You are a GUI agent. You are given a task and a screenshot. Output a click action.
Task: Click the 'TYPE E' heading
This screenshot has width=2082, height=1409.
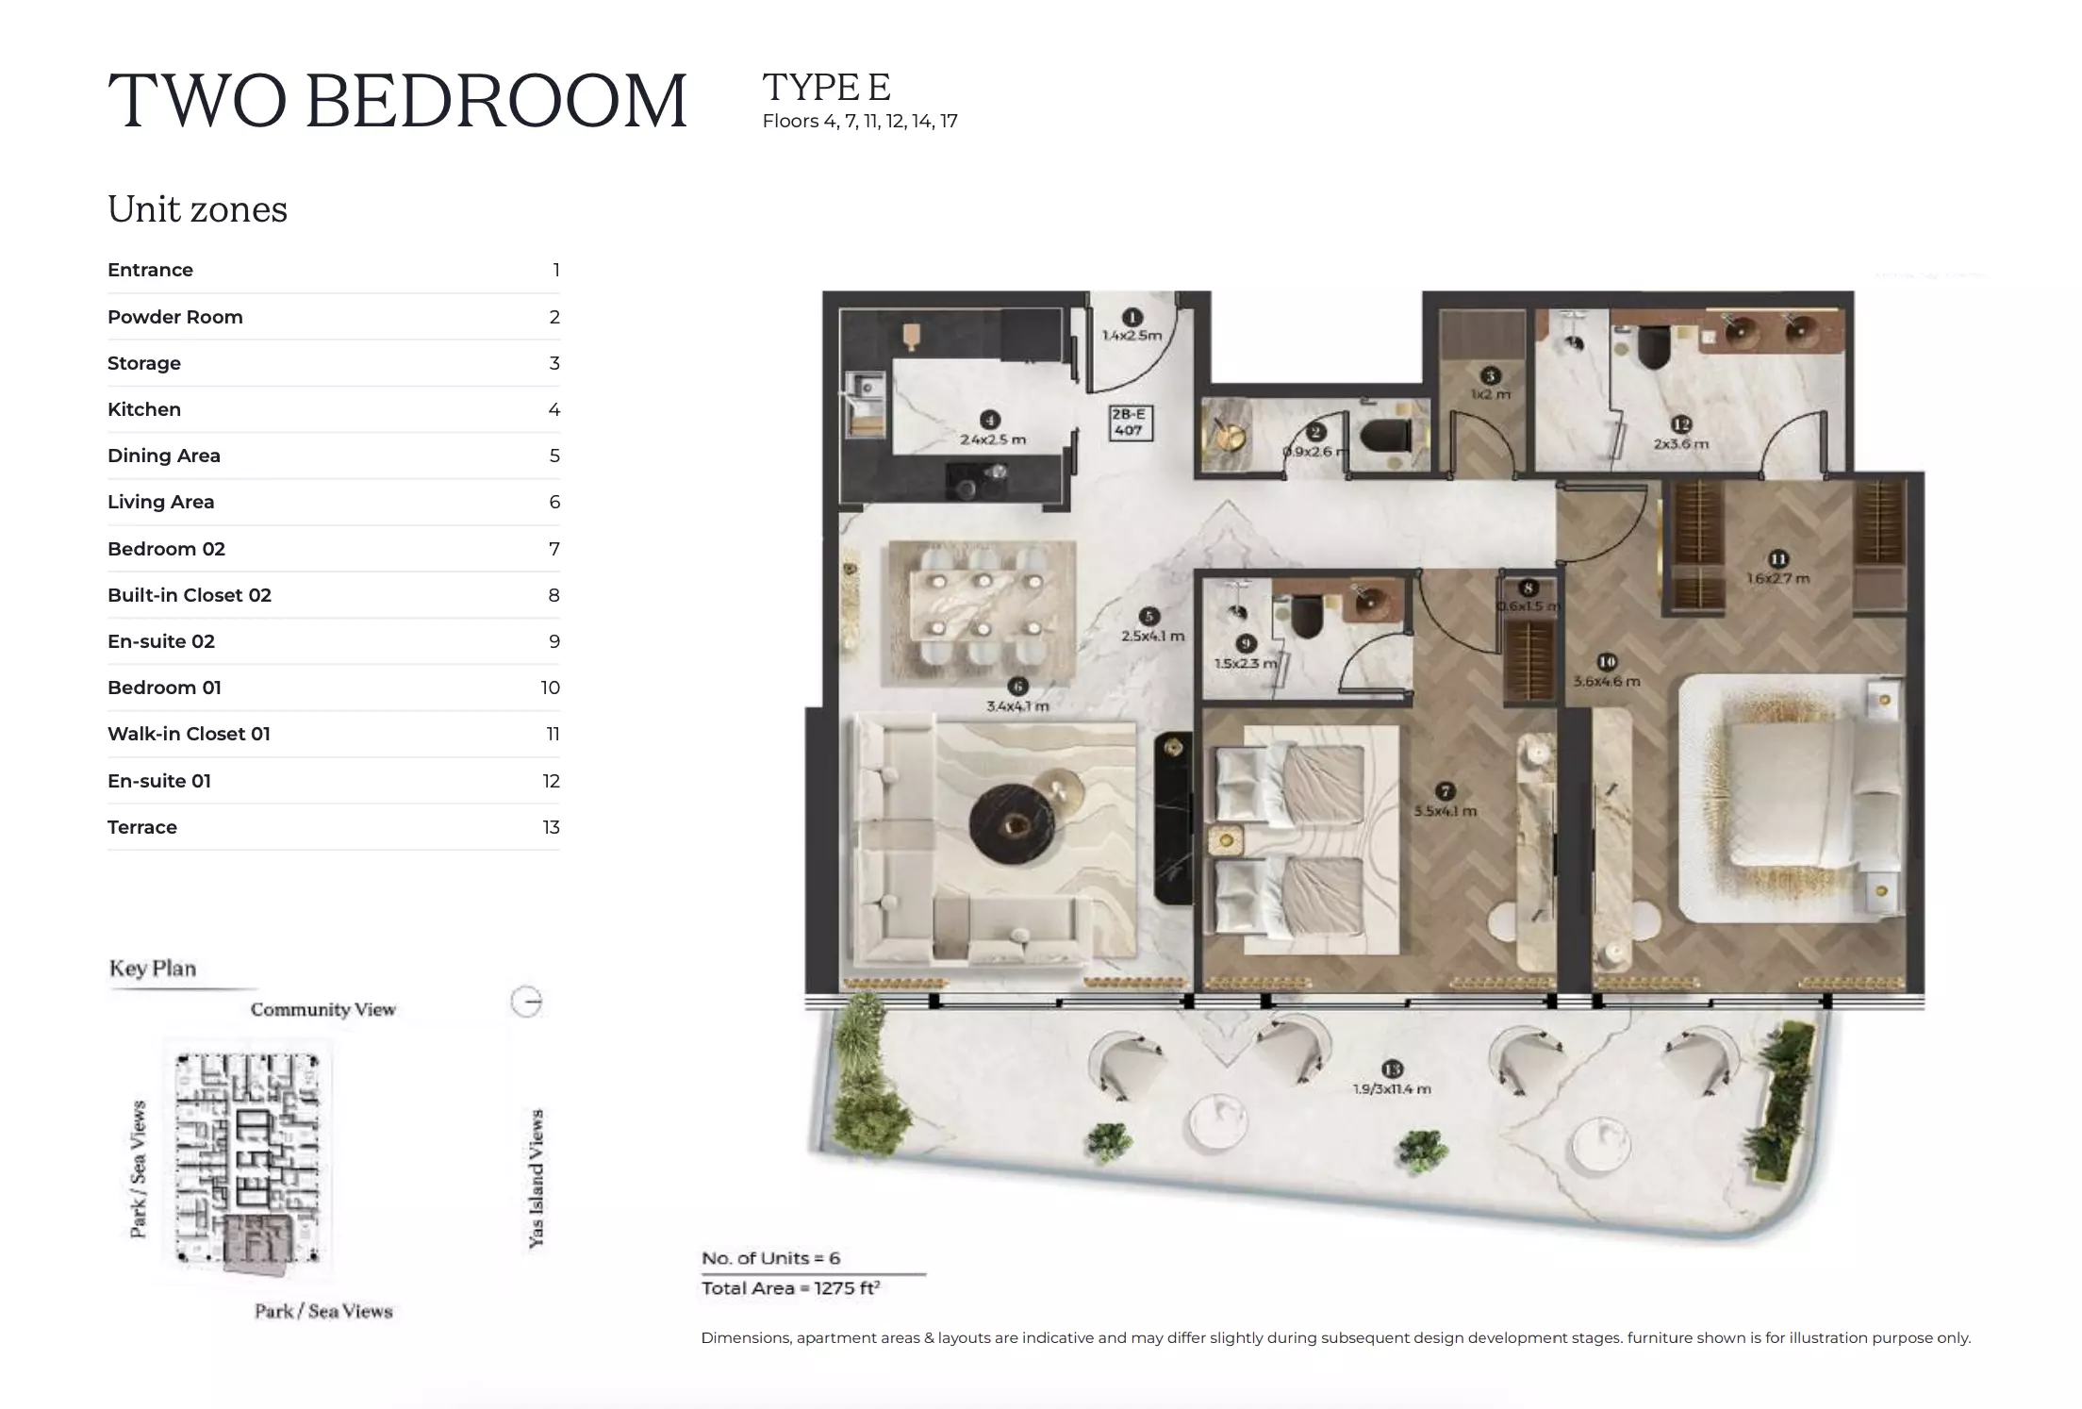click(826, 88)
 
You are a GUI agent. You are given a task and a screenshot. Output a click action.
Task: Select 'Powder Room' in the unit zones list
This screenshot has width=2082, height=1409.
click(174, 317)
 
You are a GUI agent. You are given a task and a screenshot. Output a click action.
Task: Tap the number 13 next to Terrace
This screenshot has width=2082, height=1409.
click(551, 827)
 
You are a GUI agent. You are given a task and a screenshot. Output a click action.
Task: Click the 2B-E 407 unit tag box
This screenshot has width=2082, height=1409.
click(1129, 423)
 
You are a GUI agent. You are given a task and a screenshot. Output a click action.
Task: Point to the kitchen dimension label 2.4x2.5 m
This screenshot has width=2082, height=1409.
click(992, 439)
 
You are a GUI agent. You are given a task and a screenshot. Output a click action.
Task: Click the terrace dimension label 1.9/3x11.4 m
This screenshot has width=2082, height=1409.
click(1391, 1089)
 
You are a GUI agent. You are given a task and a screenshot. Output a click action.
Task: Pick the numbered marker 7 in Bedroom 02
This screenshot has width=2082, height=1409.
click(1445, 791)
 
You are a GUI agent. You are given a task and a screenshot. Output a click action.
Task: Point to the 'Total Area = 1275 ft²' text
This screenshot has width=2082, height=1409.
click(790, 1288)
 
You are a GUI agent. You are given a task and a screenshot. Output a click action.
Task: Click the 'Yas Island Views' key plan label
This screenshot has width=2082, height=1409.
click(536, 1179)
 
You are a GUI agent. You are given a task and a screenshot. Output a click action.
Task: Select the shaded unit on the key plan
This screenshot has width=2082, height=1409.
click(256, 1245)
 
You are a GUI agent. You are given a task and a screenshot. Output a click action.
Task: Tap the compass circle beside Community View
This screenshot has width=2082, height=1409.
click(526, 1002)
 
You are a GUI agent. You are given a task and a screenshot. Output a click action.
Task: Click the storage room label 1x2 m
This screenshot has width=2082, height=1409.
click(1491, 394)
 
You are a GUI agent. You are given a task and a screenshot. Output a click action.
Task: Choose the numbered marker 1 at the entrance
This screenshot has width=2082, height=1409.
click(1132, 318)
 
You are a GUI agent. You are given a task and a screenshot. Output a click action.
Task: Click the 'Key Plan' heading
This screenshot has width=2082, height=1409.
click(153, 969)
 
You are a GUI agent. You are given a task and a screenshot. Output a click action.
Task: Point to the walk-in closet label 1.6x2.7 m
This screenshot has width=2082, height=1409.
click(1777, 578)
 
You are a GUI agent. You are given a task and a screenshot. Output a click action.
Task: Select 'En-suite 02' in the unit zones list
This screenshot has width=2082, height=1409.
click(161, 641)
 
